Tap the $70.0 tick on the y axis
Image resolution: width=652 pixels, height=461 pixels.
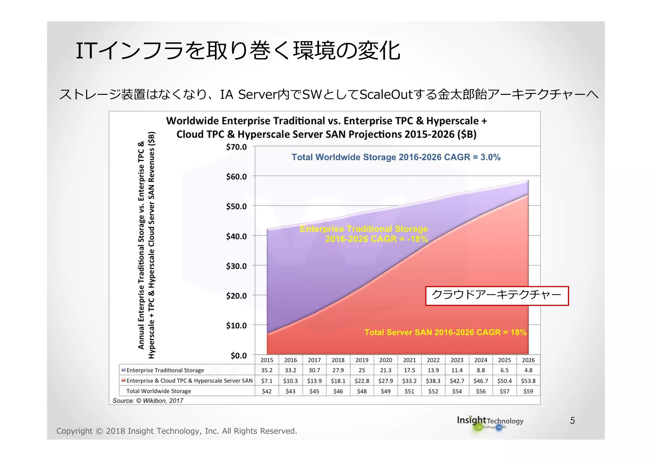(236, 147)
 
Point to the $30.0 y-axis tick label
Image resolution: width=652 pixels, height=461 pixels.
(236, 266)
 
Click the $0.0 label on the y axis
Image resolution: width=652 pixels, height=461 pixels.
(238, 355)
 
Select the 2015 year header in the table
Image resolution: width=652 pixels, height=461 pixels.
(267, 360)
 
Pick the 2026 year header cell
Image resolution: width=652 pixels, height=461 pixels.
(528, 360)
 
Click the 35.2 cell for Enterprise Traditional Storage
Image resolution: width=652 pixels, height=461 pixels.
(267, 370)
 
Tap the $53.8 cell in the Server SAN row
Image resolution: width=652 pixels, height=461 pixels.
(528, 381)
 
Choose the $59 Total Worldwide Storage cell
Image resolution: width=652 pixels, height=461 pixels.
(528, 391)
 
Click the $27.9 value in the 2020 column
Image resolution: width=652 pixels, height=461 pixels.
(386, 381)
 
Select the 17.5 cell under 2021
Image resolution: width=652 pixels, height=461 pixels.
(409, 370)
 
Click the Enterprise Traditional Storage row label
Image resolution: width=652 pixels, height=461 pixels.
(165, 370)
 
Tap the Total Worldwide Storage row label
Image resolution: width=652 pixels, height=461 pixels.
(159, 391)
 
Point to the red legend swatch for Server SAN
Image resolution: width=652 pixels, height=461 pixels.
(124, 380)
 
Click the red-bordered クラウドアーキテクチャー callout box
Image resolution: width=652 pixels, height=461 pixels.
(497, 296)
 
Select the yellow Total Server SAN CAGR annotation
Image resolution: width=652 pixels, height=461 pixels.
(445, 332)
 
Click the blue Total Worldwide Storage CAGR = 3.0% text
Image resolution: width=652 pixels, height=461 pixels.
(396, 157)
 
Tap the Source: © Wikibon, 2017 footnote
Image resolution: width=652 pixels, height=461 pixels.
(148, 401)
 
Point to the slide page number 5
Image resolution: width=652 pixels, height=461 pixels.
(572, 421)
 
